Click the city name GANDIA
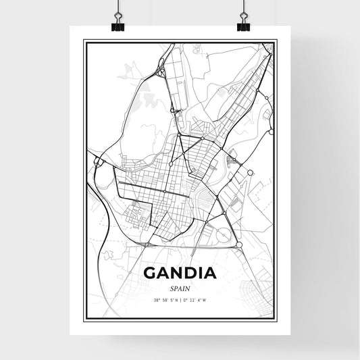click(180, 274)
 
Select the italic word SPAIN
click(180, 288)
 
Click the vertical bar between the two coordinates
click(180, 299)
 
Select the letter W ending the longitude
click(213, 299)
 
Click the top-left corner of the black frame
click(84, 41)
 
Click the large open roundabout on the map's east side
click(250, 173)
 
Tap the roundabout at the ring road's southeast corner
click(238, 244)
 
